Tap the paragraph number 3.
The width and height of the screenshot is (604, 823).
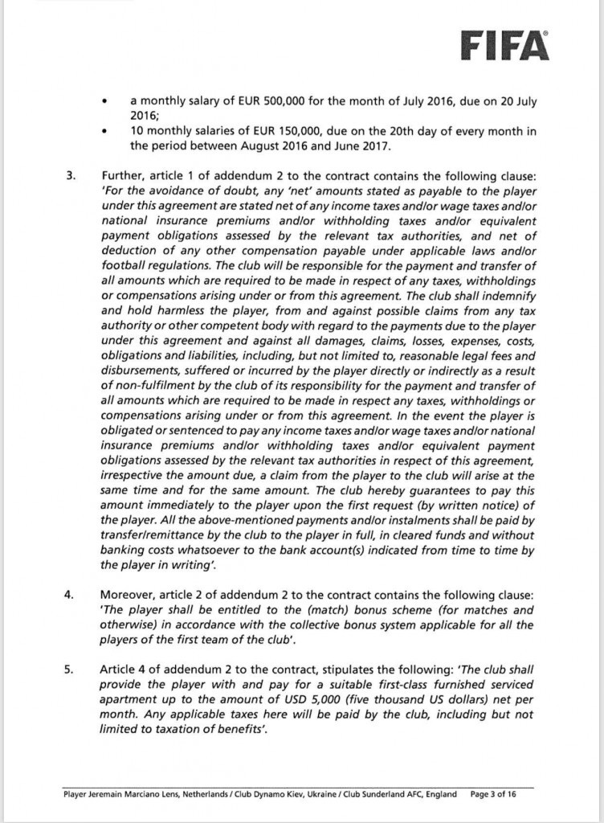(70, 174)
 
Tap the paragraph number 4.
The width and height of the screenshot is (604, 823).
(70, 596)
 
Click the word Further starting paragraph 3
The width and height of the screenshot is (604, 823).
(124, 174)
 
